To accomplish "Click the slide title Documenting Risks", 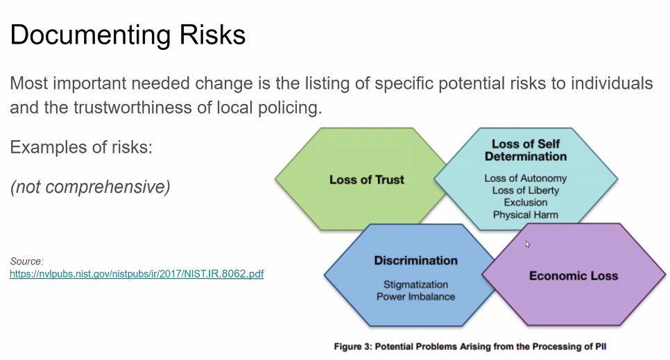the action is tap(128, 35).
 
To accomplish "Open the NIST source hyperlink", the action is tap(137, 273).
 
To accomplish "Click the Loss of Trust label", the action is tap(367, 180).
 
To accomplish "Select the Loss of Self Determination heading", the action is tap(526, 150).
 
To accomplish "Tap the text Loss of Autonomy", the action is tap(526, 178).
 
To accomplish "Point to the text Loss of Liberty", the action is tap(526, 190).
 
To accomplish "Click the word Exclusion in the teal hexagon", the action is tap(526, 203).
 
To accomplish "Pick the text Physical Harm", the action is tap(526, 214).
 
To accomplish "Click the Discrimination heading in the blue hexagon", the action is tap(415, 260).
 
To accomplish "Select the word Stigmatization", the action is tap(415, 285).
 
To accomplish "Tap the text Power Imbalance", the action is tap(415, 297).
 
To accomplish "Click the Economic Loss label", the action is tap(574, 276).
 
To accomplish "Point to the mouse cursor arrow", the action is tap(528, 244).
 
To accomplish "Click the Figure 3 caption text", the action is tap(470, 346).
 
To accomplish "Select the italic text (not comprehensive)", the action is tap(90, 187).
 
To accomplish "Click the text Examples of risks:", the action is tap(81, 147).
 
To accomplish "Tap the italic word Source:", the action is tap(26, 262).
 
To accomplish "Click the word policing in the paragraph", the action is tap(290, 108).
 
